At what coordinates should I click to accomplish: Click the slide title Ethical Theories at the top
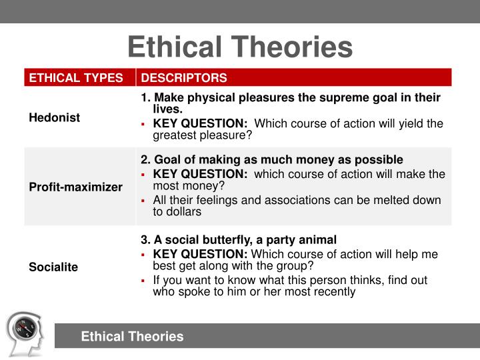point(240,47)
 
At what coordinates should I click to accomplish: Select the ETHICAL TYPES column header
point(75,78)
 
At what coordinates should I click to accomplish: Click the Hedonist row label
point(54,117)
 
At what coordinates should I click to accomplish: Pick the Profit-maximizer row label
point(75,187)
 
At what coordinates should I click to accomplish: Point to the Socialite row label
point(53,267)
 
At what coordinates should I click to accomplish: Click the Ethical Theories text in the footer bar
point(132,337)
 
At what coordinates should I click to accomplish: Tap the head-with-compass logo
point(25,332)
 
